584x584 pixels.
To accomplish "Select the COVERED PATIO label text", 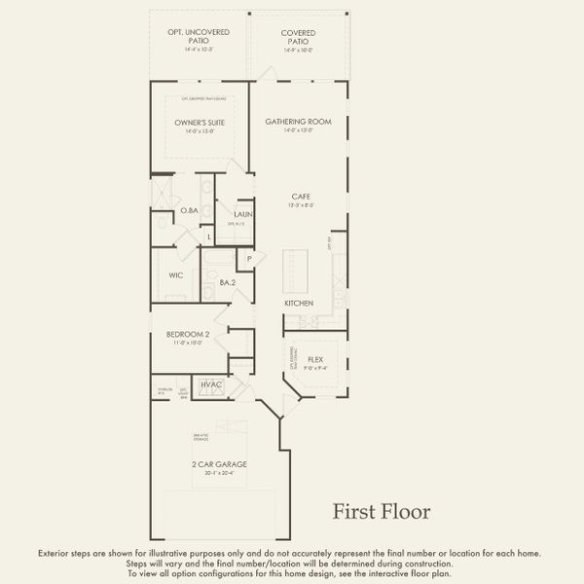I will click(x=298, y=37).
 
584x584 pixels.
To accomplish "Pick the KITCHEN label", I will click(x=299, y=304).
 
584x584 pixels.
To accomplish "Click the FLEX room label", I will click(x=315, y=359).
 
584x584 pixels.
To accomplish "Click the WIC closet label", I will click(x=176, y=275).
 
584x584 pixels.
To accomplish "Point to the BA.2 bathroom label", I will click(x=227, y=283).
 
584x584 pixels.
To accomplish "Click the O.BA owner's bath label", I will click(x=189, y=211).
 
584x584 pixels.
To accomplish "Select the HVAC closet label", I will click(x=211, y=385).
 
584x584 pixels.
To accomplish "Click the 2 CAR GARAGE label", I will click(x=218, y=464).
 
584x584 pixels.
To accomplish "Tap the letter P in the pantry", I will click(x=250, y=258).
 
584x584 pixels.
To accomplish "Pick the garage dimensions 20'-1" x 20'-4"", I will click(x=218, y=473).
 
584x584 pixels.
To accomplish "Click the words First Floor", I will click(x=382, y=511).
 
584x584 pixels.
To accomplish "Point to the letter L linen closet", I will click(x=208, y=236).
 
